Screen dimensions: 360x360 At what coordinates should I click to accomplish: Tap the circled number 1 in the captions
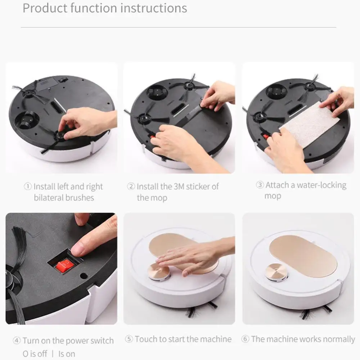(28, 187)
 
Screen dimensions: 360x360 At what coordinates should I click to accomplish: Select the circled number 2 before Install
(131, 187)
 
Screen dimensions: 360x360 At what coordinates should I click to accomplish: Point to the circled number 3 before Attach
(260, 185)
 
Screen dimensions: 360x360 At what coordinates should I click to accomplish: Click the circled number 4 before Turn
(17, 341)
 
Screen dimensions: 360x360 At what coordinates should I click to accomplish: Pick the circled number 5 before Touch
(129, 339)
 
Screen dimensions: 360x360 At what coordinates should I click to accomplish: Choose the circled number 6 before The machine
(246, 339)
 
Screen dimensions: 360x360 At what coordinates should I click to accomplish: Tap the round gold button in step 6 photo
(276, 272)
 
